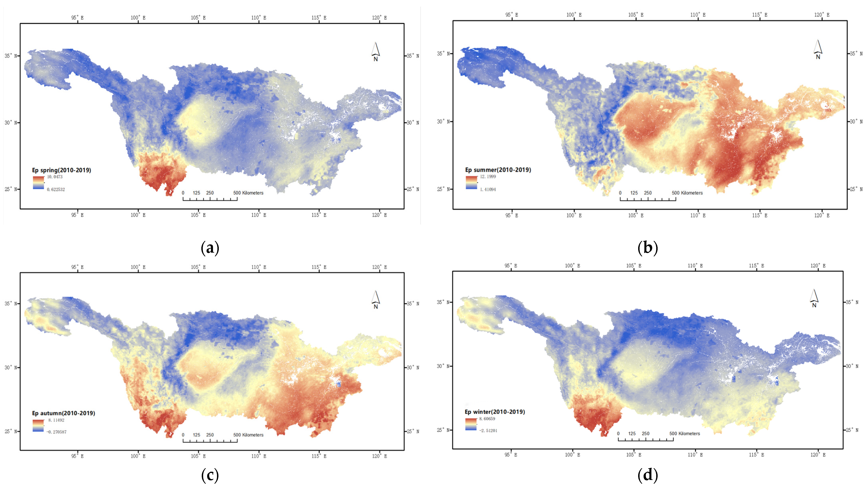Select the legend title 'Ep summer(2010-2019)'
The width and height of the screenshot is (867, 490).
coord(498,170)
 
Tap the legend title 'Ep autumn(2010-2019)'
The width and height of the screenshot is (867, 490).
coord(63,413)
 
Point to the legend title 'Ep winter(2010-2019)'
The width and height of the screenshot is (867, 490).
coord(495,412)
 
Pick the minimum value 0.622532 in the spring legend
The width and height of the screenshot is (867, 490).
coord(56,189)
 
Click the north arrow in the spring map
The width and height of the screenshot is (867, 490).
coord(376,51)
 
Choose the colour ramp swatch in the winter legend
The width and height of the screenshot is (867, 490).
coord(471,424)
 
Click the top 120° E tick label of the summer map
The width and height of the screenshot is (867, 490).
coord(822,15)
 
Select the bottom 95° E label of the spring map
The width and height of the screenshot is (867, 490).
coord(77,215)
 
